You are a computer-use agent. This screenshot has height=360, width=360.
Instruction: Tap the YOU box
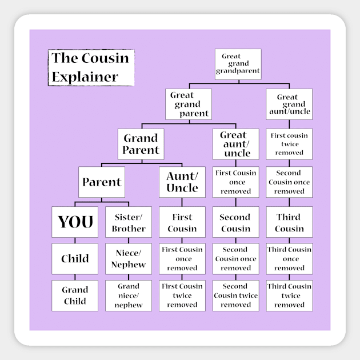[x=75, y=222]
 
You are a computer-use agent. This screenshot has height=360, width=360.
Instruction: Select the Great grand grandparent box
[x=238, y=64]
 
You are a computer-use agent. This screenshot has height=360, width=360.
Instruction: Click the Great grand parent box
[x=189, y=104]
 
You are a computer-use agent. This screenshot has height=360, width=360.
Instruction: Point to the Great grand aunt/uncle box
[x=289, y=104]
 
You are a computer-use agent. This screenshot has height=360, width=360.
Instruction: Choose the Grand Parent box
[x=141, y=144]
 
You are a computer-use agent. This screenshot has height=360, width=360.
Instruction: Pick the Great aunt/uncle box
[x=235, y=144]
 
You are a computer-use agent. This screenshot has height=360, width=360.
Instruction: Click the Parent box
[x=102, y=182]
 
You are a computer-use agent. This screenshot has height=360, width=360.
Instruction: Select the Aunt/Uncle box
[x=182, y=182]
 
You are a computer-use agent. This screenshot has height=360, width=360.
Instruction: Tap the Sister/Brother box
[x=129, y=222]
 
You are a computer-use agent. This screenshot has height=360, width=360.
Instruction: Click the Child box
[x=75, y=259]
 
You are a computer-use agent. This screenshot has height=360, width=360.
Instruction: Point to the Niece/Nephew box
[x=129, y=259]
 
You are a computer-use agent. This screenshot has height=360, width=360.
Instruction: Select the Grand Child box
[x=75, y=295]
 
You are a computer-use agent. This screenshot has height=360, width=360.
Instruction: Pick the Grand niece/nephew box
[x=129, y=295]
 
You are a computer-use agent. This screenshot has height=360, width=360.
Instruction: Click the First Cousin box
[x=182, y=222]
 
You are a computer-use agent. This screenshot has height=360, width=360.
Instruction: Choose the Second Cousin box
[x=235, y=222]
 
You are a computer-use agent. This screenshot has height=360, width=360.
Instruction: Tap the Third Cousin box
[x=289, y=222]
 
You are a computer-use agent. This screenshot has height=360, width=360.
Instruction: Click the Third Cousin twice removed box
[x=289, y=295]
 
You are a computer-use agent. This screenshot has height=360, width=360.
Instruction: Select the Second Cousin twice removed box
[x=235, y=295]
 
